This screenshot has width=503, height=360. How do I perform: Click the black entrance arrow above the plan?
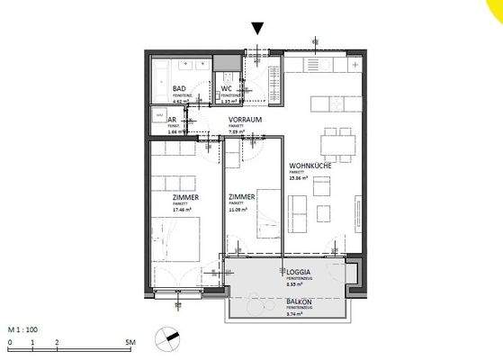tap(259, 30)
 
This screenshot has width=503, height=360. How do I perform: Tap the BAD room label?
tap(179, 89)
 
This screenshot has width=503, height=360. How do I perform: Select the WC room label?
tap(227, 89)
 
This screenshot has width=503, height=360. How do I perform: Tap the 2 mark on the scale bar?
tap(57, 343)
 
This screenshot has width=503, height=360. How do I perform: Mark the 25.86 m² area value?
tap(299, 179)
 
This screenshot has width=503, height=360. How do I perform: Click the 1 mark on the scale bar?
tap(32, 343)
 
